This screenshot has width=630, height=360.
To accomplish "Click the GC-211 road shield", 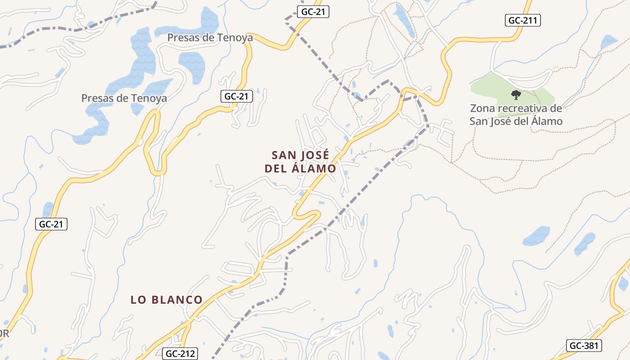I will point(522,20).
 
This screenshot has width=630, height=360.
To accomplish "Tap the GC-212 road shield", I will point(181,354).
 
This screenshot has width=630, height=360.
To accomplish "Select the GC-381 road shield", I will point(583,346).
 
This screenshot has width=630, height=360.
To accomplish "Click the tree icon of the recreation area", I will point(516,94).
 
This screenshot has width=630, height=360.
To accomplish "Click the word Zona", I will point(482,108).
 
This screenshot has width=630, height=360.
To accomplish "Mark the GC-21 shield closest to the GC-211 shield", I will point(313,12).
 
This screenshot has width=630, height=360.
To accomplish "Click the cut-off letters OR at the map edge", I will point(4,334).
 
